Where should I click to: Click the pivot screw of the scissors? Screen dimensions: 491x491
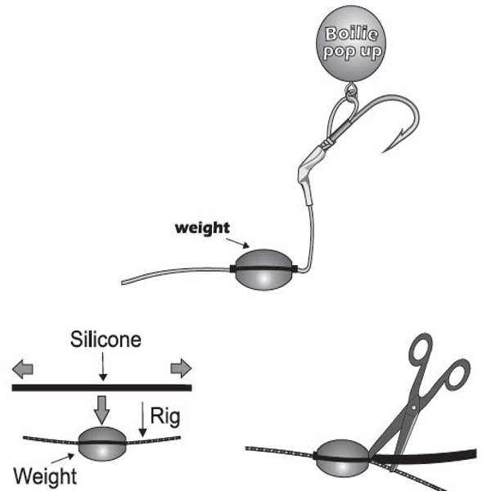coord(412,406)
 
